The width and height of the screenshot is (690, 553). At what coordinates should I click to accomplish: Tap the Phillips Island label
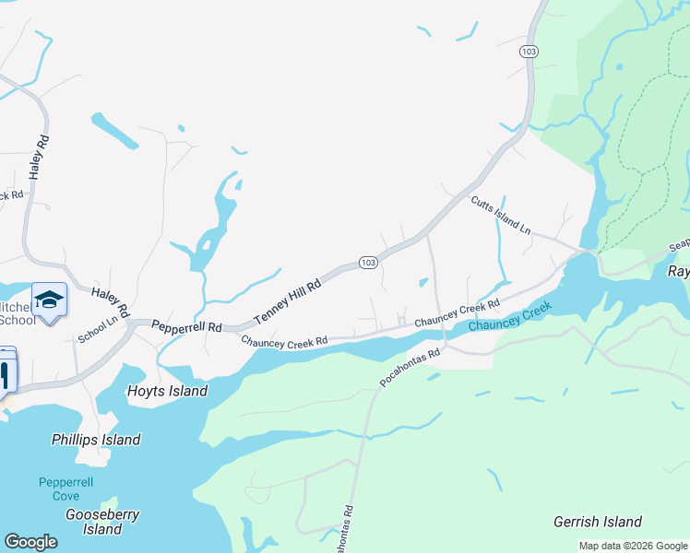[96, 441]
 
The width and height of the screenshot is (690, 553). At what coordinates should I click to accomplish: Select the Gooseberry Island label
[101, 522]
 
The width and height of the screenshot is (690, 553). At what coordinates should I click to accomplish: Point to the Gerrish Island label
[597, 522]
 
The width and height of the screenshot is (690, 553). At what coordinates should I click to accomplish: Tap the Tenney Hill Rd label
[287, 300]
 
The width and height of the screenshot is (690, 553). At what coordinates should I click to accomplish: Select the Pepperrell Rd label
[187, 327]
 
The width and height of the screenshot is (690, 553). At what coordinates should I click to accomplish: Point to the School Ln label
[99, 328]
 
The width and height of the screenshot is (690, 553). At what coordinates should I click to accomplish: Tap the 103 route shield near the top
[528, 52]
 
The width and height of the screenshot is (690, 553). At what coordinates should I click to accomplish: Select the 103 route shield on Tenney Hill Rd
[367, 263]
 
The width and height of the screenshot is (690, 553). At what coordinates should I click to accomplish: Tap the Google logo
[30, 542]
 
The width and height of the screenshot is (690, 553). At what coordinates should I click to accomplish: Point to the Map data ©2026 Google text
[632, 546]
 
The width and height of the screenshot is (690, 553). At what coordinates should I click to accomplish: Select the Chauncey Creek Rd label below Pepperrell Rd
[284, 341]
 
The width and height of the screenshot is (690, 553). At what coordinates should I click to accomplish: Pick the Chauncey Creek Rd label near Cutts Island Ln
[457, 312]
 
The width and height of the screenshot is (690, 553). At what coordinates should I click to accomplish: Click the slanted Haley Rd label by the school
[111, 298]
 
